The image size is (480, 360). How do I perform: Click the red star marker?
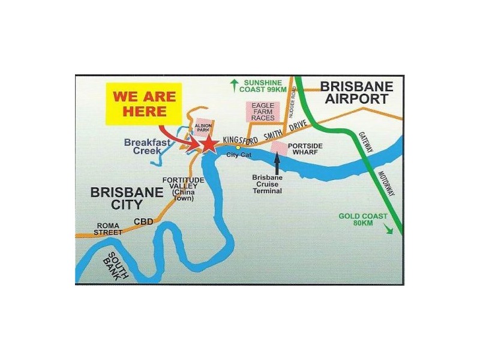[x=208, y=143]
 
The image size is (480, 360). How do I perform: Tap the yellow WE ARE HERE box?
[x=144, y=104]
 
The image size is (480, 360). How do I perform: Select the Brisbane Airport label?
[x=357, y=92]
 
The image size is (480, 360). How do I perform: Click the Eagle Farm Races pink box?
[x=263, y=112]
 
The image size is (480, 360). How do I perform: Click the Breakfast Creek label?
[x=148, y=147]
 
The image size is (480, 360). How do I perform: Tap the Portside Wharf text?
[x=307, y=150]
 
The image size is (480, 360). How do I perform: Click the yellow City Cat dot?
[x=238, y=146]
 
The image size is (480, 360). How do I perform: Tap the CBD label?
[x=143, y=221]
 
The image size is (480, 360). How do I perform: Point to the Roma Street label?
[x=109, y=229]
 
